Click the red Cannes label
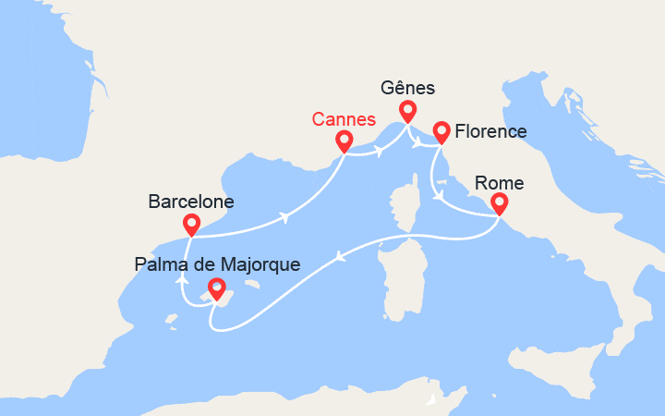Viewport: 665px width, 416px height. (x=344, y=119)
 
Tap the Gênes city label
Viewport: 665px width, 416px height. (x=408, y=90)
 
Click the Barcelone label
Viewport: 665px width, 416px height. (x=191, y=201)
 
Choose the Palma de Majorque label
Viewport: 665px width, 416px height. (x=217, y=264)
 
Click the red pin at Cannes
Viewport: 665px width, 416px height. (x=345, y=141)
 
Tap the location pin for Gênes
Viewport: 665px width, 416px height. (x=406, y=112)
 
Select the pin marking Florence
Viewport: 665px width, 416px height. (x=441, y=132)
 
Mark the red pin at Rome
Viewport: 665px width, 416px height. (x=499, y=202)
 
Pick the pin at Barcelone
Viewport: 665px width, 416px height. (x=192, y=224)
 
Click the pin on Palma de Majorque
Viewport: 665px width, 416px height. (x=216, y=288)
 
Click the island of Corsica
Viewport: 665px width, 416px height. (x=403, y=208)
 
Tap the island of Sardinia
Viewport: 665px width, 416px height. (x=396, y=276)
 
